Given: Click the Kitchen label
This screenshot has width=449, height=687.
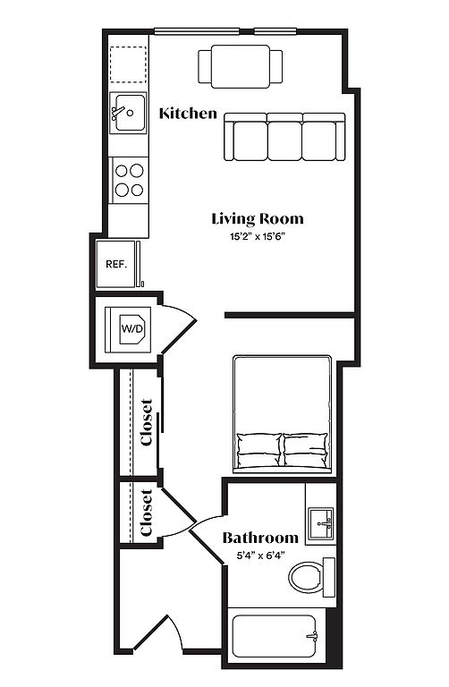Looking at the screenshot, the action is [188, 114].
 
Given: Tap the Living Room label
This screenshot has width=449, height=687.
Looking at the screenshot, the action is [258, 218].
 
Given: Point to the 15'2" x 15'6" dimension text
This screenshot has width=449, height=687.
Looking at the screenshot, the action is [258, 237].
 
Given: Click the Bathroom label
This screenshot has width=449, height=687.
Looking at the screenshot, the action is [260, 538].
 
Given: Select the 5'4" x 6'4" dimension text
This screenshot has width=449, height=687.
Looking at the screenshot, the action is [260, 556].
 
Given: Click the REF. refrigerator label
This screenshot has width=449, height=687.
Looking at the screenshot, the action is [116, 265].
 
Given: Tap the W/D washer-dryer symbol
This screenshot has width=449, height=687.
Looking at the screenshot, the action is [132, 328].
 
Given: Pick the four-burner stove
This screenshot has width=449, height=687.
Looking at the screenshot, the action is [129, 180].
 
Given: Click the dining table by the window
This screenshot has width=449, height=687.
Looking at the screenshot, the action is [241, 66].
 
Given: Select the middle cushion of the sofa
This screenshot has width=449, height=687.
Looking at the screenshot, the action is [284, 140].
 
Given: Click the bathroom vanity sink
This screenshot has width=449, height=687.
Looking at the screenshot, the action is [321, 524].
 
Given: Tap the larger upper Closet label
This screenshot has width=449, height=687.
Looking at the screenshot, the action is [148, 422].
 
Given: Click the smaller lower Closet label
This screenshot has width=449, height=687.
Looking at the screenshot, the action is [147, 513].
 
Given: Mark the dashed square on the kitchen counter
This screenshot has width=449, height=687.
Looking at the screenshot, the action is [128, 64].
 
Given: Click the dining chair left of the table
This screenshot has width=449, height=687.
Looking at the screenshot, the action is [205, 66].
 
